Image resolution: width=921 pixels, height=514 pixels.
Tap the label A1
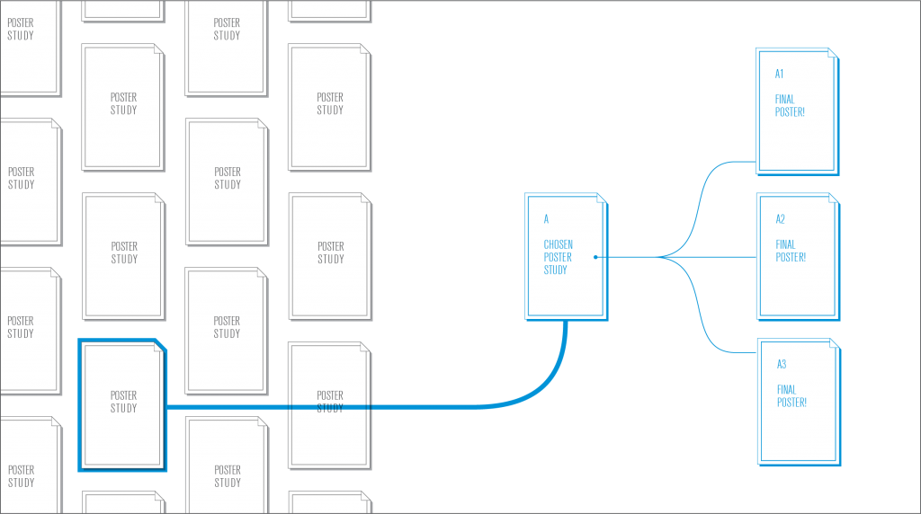780,74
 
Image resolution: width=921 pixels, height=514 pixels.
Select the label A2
781,219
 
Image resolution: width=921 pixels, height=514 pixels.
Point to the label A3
782,364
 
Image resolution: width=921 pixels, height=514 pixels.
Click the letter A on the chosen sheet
546,219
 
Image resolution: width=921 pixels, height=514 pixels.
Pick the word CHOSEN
558,244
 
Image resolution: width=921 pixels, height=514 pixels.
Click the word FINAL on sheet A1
785,100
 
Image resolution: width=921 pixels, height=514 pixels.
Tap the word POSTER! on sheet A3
791,403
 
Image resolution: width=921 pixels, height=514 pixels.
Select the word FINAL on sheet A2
786,244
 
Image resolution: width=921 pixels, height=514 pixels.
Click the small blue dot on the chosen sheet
595,257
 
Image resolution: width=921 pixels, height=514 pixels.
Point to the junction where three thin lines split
660,257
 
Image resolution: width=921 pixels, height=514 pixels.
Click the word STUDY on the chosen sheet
556,270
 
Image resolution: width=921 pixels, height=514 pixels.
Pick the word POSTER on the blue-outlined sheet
124,395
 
